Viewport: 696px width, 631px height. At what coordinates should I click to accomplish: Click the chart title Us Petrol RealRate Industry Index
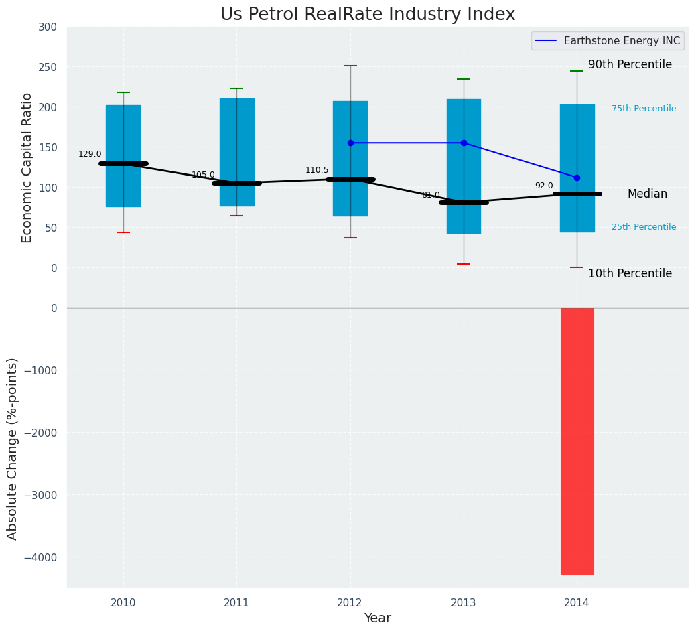tap(368, 15)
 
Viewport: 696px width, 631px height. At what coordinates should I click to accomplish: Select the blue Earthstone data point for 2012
tap(350, 143)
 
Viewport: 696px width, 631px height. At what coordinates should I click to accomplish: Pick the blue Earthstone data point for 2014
tap(577, 178)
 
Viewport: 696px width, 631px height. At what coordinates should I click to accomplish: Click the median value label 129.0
tap(90, 154)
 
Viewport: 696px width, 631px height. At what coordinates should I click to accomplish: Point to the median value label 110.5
tap(317, 170)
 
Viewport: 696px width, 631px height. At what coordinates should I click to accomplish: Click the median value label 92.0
tap(544, 186)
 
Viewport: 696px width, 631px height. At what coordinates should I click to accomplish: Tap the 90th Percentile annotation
tap(630, 64)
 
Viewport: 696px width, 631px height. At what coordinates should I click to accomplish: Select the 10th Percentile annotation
tap(630, 273)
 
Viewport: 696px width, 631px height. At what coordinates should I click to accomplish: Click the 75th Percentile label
tap(644, 109)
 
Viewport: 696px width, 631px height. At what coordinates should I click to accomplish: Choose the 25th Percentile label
tap(644, 227)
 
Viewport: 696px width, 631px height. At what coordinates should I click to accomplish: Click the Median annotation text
tap(647, 194)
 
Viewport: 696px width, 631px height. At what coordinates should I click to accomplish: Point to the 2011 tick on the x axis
tap(236, 603)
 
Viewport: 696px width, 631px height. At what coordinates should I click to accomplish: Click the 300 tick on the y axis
tap(53, 27)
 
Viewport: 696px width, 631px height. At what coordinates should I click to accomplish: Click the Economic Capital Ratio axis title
tap(27, 167)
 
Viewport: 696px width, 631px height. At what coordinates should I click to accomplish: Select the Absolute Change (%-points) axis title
tap(12, 448)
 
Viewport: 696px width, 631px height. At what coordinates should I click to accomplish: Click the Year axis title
tap(377, 618)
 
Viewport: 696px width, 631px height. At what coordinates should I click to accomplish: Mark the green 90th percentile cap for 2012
tap(350, 66)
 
